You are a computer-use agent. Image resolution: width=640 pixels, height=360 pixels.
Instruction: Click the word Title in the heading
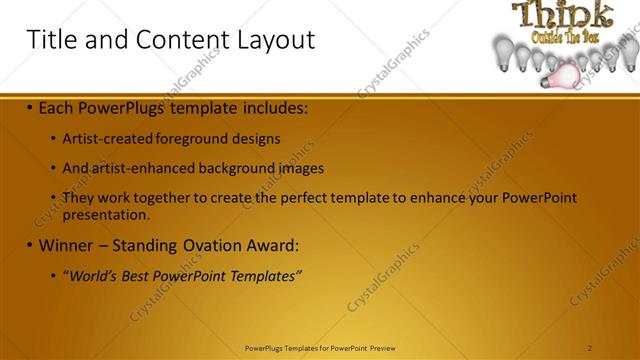50,40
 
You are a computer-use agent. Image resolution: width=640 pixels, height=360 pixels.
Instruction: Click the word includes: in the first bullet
270,106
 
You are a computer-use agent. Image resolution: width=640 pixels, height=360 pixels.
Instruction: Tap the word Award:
274,245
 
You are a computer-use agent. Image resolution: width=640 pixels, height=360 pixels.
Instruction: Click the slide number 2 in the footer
590,348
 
